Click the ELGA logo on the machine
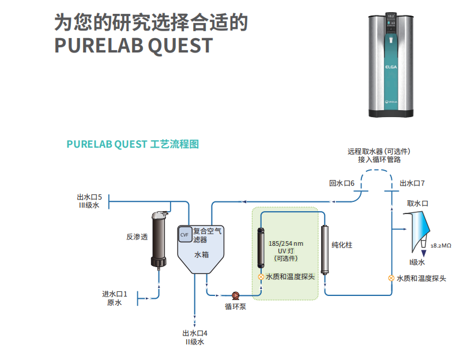coord(390,67)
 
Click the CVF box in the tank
coord(184,235)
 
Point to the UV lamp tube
coord(261,250)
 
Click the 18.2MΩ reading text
coord(441,245)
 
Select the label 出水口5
coord(89,197)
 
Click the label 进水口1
coord(115,294)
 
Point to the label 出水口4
coord(195,333)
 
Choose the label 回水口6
coord(341,183)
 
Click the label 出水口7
coord(412,183)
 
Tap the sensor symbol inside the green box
coord(261,277)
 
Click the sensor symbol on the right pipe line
coord(391,278)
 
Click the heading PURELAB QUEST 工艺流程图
coord(133,144)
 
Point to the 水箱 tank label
coord(201,254)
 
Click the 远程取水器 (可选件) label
coord(379,152)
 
